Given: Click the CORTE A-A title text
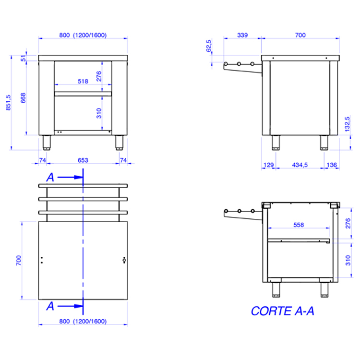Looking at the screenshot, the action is tap(282, 311).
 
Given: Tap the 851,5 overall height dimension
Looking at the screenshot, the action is tap(8, 102).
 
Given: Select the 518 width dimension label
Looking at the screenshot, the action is tap(83, 81).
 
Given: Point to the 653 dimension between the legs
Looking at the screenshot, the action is tap(83, 160).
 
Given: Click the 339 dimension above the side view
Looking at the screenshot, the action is tap(242, 35).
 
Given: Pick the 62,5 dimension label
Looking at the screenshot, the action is tap(209, 46).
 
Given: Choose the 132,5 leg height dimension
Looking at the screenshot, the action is tap(348, 124).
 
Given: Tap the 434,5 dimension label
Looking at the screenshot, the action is tap(300, 165).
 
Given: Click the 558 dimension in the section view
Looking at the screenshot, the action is tap(299, 225).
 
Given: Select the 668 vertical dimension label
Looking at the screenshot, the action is tap(23, 98).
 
